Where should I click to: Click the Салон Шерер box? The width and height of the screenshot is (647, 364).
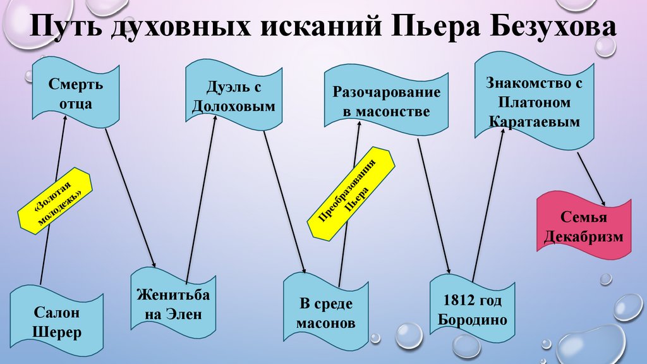tap(57, 322)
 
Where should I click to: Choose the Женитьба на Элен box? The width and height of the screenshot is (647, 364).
tap(172, 304)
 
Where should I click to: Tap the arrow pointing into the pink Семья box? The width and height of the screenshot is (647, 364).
tap(592, 179)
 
